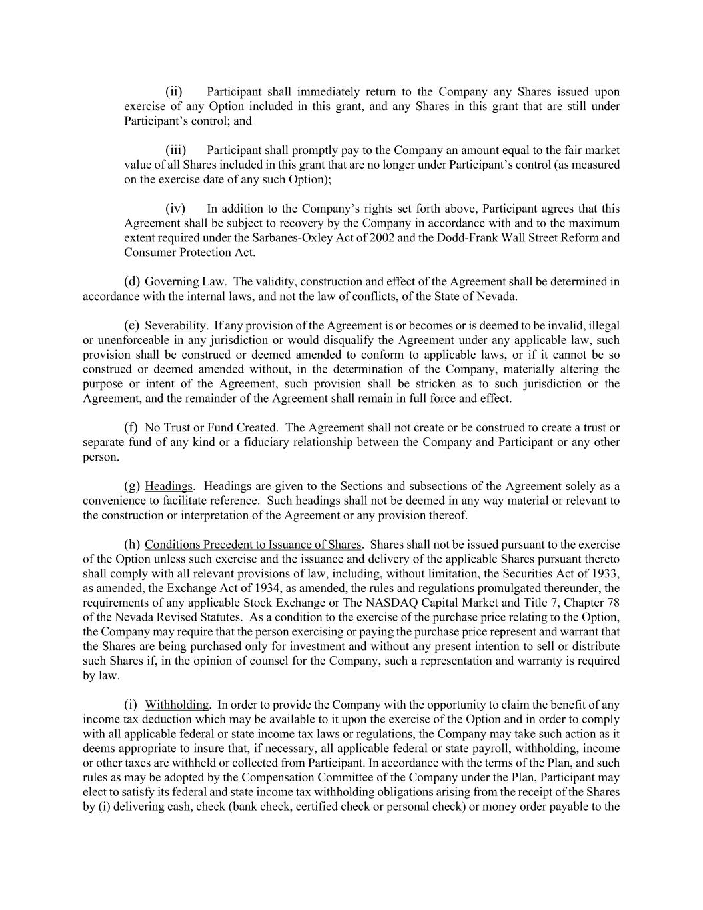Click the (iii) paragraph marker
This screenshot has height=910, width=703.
coord(175,150)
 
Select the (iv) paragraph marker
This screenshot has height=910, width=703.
coord(175,209)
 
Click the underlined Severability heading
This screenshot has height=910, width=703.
coord(175,325)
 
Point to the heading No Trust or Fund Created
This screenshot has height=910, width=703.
coord(210,427)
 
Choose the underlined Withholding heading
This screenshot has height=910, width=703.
coord(177,704)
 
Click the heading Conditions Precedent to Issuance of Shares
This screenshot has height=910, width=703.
coord(253,544)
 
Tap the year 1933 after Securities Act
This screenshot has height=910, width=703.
coord(607,573)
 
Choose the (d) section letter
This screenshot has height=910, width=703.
coord(132,281)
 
